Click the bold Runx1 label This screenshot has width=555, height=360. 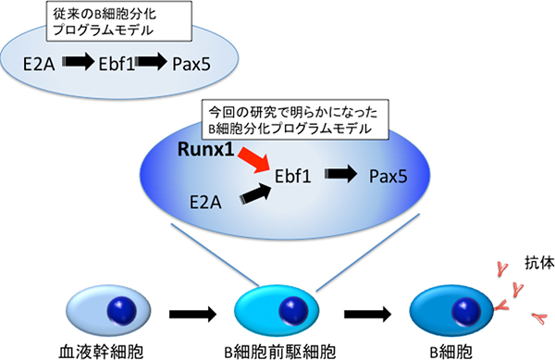[205, 148]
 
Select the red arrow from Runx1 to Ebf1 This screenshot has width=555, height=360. [256, 156]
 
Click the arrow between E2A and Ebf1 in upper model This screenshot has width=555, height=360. [80, 64]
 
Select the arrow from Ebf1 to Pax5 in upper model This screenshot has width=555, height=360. [155, 64]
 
